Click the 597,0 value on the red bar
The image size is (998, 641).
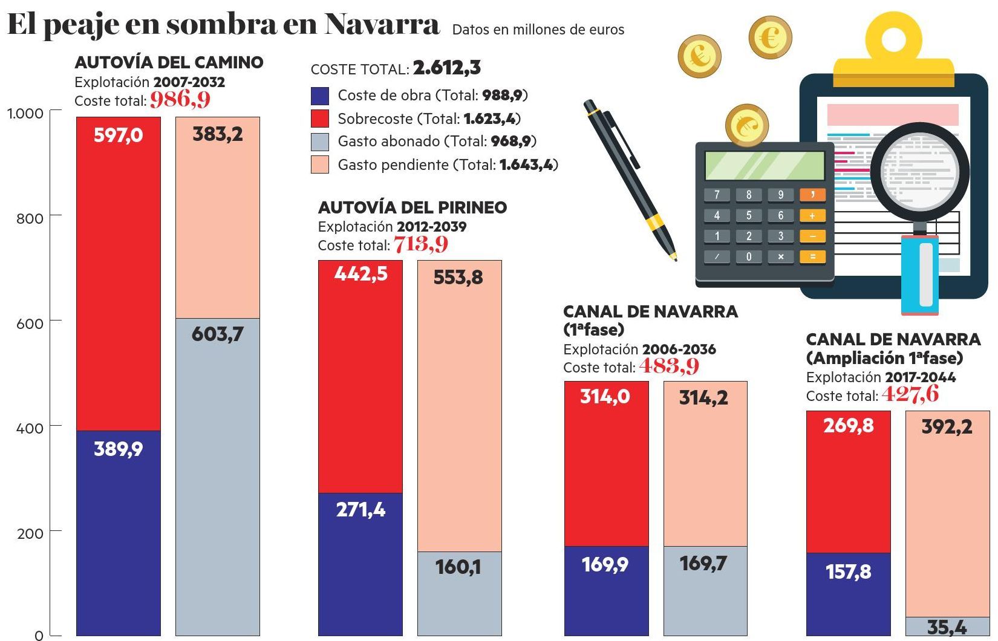(118, 135)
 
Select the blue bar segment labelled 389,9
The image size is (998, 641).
(118, 532)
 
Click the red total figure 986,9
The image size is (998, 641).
(180, 99)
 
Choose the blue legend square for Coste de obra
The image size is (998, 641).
(319, 96)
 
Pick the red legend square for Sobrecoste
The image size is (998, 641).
(319, 119)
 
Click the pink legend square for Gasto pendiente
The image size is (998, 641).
(319, 164)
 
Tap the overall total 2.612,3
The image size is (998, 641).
(447, 68)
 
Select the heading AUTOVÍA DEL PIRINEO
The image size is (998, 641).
(413, 207)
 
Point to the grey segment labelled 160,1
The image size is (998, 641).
(459, 593)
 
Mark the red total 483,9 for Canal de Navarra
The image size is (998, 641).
(669, 366)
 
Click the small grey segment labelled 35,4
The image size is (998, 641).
(947, 626)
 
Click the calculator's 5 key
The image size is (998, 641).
(749, 215)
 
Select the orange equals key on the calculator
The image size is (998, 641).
(812, 256)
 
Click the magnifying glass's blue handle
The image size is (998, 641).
(920, 275)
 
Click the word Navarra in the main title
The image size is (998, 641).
(381, 24)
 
